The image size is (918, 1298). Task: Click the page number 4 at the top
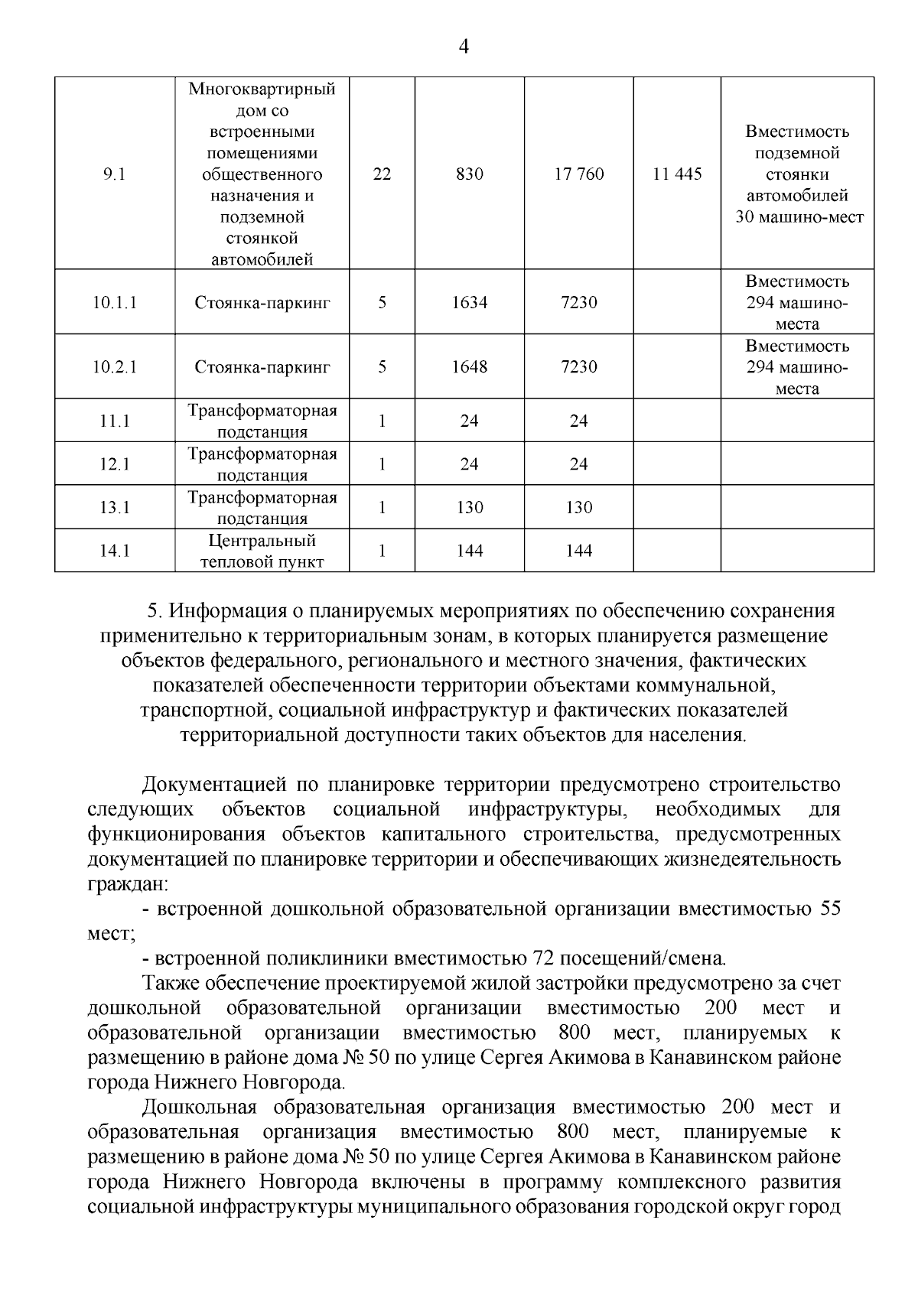(463, 47)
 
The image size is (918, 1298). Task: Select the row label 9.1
(115, 174)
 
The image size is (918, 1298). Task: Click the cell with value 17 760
(578, 174)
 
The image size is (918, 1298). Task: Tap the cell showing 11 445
(677, 174)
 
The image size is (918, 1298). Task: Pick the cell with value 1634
(469, 303)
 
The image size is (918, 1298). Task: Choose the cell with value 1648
(469, 367)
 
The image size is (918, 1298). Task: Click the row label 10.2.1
(115, 367)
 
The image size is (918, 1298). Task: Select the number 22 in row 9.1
(382, 174)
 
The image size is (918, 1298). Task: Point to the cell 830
(469, 174)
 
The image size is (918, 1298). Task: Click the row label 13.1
(115, 508)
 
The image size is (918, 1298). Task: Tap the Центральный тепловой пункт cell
(262, 551)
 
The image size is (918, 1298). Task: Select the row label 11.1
(115, 421)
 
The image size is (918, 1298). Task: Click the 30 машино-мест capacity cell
(798, 174)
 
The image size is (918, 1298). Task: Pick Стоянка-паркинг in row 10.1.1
(262, 303)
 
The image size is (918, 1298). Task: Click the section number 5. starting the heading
(155, 612)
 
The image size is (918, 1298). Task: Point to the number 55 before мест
(830, 909)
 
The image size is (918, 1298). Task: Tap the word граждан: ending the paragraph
(129, 884)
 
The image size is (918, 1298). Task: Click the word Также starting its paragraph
(169, 983)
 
